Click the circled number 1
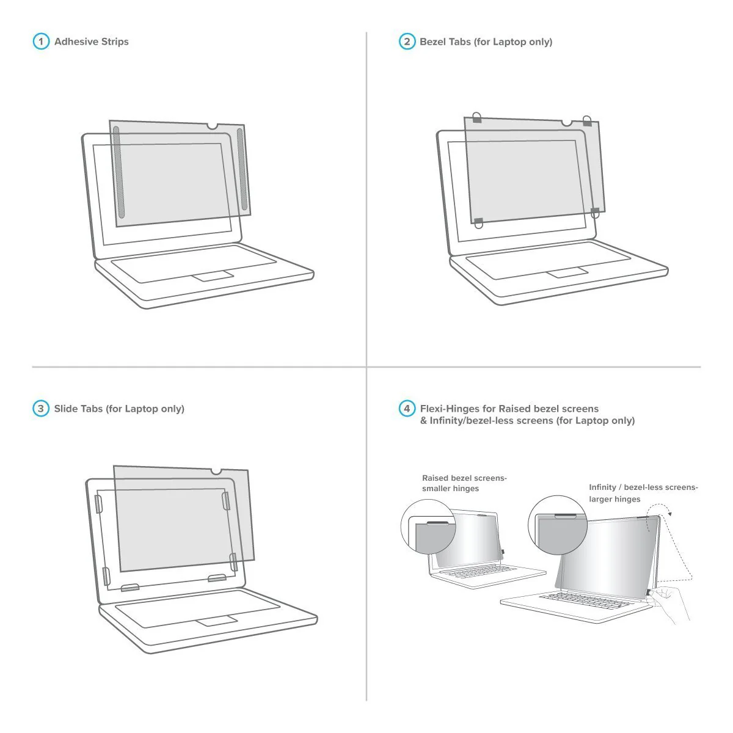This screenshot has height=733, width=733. [41, 42]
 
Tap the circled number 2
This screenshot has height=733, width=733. [407, 42]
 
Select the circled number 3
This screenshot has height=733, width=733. [41, 409]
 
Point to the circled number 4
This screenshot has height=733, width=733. [407, 409]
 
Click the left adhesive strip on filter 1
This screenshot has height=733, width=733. [119, 172]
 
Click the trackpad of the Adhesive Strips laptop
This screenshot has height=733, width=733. [213, 276]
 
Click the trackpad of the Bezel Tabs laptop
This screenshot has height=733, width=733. [567, 272]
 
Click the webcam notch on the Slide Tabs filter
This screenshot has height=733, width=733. [216, 472]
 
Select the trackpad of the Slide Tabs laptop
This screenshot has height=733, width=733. [217, 621]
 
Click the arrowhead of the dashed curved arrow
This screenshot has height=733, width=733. [669, 514]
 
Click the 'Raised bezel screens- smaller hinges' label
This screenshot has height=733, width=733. [464, 483]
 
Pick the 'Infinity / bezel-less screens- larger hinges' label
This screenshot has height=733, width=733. [644, 493]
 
